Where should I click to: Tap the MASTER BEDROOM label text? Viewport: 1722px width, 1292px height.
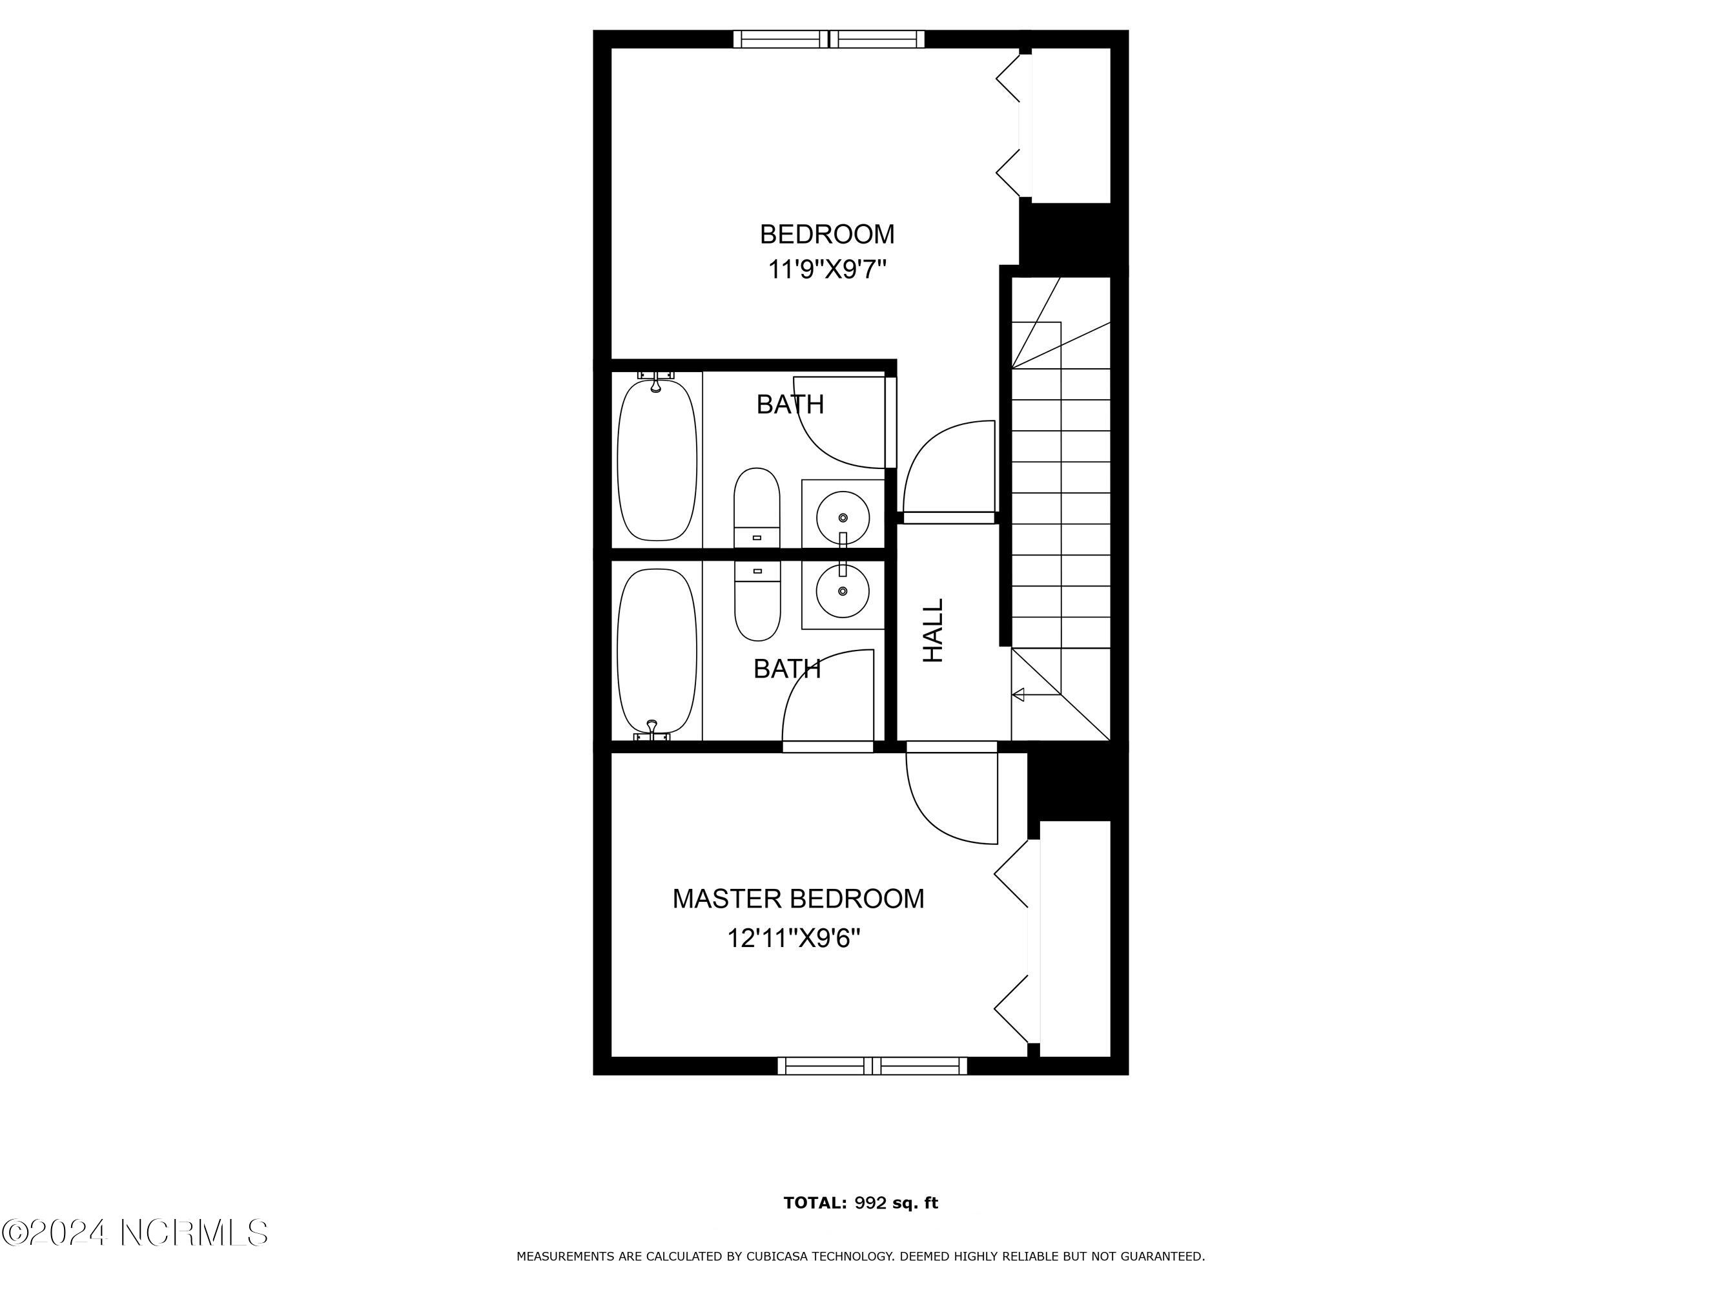coord(799,899)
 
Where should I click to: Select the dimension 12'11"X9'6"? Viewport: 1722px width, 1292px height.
coord(794,939)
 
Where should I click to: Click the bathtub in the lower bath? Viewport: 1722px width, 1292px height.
coord(657,653)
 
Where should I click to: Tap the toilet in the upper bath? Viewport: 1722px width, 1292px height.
coord(757,508)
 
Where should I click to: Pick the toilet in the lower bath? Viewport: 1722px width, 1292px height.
coord(757,600)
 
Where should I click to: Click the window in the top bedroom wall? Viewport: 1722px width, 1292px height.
coord(830,39)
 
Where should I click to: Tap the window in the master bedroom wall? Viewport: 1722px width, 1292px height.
coord(873,1066)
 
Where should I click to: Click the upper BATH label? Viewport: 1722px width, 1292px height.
coord(790,404)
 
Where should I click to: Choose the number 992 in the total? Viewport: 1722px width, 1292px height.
coord(870,1202)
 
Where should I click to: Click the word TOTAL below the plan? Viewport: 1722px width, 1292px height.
coord(815,1202)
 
